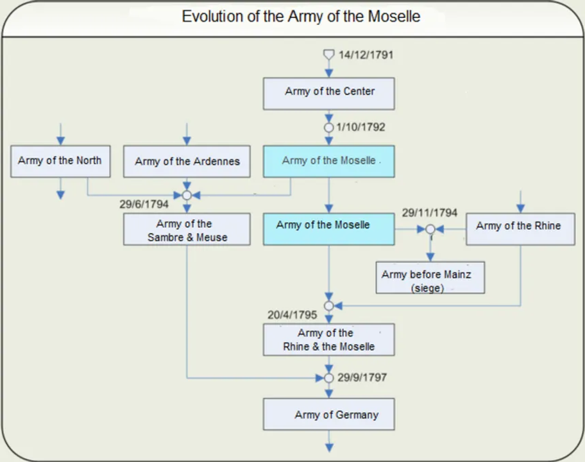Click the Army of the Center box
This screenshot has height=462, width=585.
[x=328, y=94]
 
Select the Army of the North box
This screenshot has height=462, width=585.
[x=60, y=161]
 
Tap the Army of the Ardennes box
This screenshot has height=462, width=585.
[x=187, y=161]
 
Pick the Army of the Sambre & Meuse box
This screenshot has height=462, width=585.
[x=187, y=229]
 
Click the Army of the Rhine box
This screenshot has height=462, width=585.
[x=520, y=229]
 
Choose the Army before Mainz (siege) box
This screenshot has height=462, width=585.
[x=430, y=278]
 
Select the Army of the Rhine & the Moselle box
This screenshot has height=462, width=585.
[x=328, y=339]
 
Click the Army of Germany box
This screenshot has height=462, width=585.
[x=328, y=415]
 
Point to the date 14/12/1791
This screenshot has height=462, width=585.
[x=366, y=55]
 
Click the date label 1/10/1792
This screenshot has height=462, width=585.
[x=360, y=127]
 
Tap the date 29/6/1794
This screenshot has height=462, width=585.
[x=144, y=204]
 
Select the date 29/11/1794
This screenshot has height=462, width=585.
[x=429, y=213]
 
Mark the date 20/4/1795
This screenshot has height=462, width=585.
[x=292, y=315]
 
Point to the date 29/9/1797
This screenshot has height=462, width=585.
[x=362, y=378]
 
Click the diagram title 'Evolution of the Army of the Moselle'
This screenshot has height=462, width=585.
[x=301, y=17]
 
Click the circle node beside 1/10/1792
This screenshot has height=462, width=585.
[x=328, y=128]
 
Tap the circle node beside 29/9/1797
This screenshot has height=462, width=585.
[x=328, y=378]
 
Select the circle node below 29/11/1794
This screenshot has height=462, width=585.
[x=430, y=229]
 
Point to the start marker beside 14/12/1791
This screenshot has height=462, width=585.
[x=328, y=55]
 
